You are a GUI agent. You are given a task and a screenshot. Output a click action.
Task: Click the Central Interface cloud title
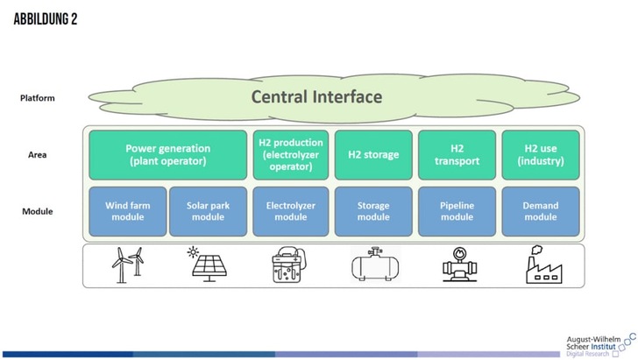pyautogui.click(x=316, y=96)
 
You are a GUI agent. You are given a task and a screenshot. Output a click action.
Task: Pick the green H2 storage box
pyautogui.click(x=373, y=155)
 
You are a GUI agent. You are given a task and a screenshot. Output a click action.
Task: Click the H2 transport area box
pyautogui.click(x=457, y=155)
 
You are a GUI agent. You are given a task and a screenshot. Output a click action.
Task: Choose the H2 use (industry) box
pyautogui.click(x=540, y=155)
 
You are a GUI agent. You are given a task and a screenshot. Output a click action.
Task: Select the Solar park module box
pyautogui.click(x=208, y=211)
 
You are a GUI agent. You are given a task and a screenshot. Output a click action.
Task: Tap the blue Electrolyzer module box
pyautogui.click(x=290, y=211)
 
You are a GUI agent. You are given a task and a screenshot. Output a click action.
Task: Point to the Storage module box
pyautogui.click(x=373, y=211)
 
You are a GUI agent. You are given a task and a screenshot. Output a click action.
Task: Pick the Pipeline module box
pyautogui.click(x=457, y=211)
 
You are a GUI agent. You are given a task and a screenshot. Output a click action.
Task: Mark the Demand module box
pyautogui.click(x=540, y=211)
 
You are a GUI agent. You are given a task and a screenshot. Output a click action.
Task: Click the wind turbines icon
pyautogui.click(x=125, y=265)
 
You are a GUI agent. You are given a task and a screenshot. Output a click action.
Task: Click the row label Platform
pyautogui.click(x=38, y=98)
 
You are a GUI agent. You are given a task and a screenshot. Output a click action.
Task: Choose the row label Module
pyautogui.click(x=38, y=212)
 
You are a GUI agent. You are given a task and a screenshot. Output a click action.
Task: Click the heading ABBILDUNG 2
pyautogui.click(x=46, y=19)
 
